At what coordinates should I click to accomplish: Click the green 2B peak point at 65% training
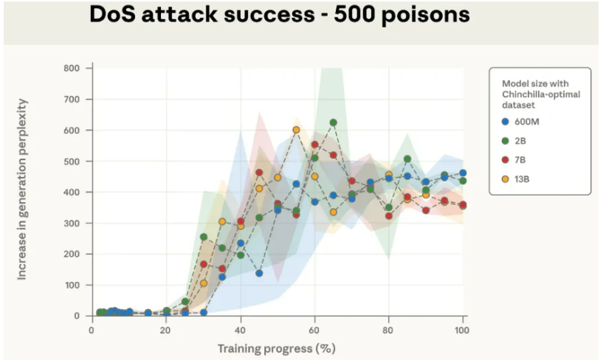click(x=334, y=122)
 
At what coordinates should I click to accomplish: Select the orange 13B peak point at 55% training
click(x=297, y=130)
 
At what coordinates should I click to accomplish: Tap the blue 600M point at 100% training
click(x=463, y=173)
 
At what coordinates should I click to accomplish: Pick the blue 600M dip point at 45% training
click(x=259, y=273)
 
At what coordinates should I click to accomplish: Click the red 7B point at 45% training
click(x=259, y=173)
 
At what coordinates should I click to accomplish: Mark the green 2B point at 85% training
click(x=407, y=159)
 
